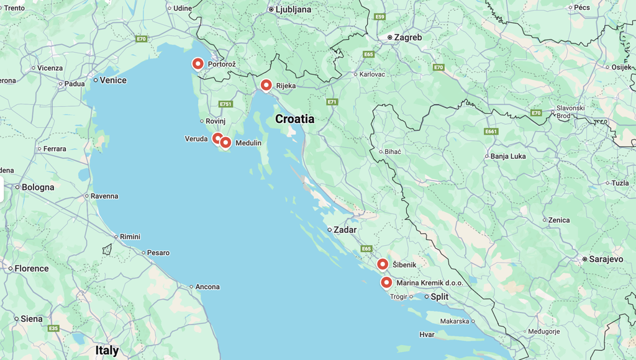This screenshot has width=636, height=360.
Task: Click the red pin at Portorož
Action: coord(198,63)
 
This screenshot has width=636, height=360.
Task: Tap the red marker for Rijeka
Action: coord(266,85)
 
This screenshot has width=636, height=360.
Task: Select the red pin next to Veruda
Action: coord(217,138)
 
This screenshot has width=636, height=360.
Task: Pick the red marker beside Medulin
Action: coord(225,142)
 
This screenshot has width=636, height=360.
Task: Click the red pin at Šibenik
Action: coord(383,264)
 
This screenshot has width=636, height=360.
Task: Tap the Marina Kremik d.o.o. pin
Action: coord(386,282)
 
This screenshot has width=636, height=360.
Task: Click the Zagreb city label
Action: coord(408,37)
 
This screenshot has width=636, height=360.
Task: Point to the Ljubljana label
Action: coord(294,9)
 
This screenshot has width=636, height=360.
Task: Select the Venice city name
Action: coord(113,80)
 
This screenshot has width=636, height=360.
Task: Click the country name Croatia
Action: coord(294,119)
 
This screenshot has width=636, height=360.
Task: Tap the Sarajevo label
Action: coord(606,259)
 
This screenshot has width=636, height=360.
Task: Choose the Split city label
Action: coord(439,297)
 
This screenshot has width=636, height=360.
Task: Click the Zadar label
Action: coord(345,230)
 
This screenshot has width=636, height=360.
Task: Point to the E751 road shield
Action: coord(225,104)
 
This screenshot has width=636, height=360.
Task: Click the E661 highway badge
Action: coord(491,132)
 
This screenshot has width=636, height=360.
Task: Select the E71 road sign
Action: coord(332,102)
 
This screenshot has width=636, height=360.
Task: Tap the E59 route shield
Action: coord(380,17)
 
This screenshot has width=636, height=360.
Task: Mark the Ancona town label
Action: coord(207,287)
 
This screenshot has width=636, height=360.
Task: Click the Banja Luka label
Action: coord(508,156)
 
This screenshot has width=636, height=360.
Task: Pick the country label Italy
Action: coord(107,350)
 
